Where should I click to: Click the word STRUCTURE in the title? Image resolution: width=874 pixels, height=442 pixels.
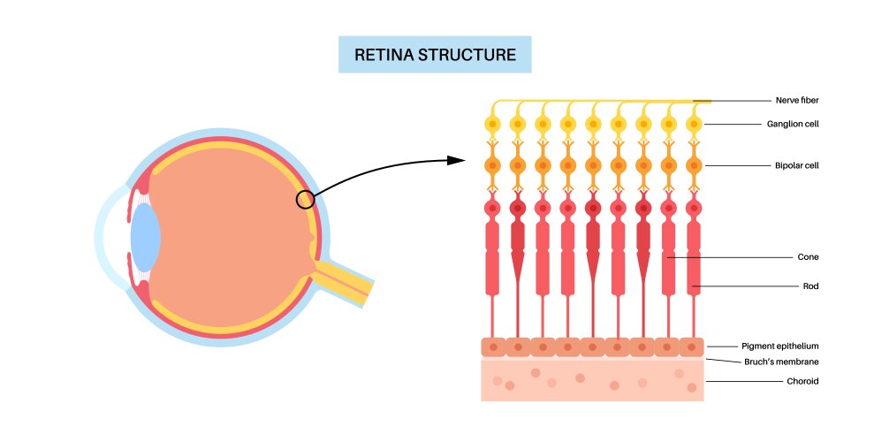click(475, 55)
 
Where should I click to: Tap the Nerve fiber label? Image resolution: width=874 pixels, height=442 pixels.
click(797, 101)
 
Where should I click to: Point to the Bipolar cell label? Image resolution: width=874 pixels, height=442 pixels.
click(796, 165)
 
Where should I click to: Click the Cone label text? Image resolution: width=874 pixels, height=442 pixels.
click(808, 257)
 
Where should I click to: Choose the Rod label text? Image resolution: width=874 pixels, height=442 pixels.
click(809, 286)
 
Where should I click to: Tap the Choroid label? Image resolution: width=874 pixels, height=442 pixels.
click(802, 381)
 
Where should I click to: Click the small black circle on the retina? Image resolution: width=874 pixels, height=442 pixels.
click(305, 200)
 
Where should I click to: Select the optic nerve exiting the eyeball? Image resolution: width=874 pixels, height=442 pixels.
click(340, 275)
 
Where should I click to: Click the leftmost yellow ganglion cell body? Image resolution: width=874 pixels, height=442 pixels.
click(492, 125)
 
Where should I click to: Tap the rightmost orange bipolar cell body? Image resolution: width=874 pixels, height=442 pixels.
click(694, 165)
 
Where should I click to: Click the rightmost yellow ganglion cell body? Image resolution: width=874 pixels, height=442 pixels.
click(694, 125)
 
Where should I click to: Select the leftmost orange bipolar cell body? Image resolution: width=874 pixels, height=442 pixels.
click(492, 165)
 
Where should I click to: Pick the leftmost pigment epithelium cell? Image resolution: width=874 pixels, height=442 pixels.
click(492, 347)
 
